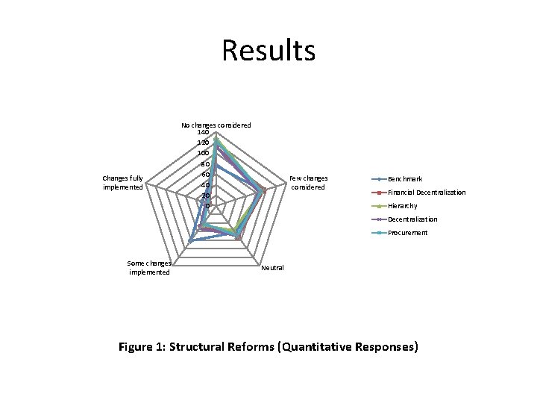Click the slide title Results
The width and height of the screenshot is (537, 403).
pyautogui.click(x=268, y=51)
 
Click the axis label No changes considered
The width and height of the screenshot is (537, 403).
pyautogui.click(x=216, y=125)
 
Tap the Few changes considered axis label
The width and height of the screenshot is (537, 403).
pyautogui.click(x=308, y=182)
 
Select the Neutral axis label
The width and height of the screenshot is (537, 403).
pyautogui.click(x=272, y=268)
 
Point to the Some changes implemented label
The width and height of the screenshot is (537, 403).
pyautogui.click(x=149, y=267)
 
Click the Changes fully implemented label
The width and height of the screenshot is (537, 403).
pyautogui.click(x=123, y=182)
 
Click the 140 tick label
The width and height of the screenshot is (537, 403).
pyautogui.click(x=203, y=132)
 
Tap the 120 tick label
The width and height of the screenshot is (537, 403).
pyautogui.click(x=203, y=142)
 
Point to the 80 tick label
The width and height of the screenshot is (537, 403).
pyautogui.click(x=203, y=163)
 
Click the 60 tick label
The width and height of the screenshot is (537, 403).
pyautogui.click(x=203, y=175)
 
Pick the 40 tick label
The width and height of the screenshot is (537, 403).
pyautogui.click(x=203, y=185)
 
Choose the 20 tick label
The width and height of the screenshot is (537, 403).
pyautogui.click(x=203, y=196)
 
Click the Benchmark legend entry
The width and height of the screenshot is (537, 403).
pyautogui.click(x=405, y=179)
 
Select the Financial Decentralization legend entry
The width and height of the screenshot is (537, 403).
pyautogui.click(x=426, y=193)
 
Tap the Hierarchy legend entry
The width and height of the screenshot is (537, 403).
pyautogui.click(x=403, y=206)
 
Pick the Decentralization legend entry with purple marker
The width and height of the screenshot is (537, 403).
pyautogui.click(x=412, y=219)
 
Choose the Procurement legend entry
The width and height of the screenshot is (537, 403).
pyautogui.click(x=407, y=233)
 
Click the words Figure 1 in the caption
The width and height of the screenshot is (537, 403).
pyautogui.click(x=142, y=347)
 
